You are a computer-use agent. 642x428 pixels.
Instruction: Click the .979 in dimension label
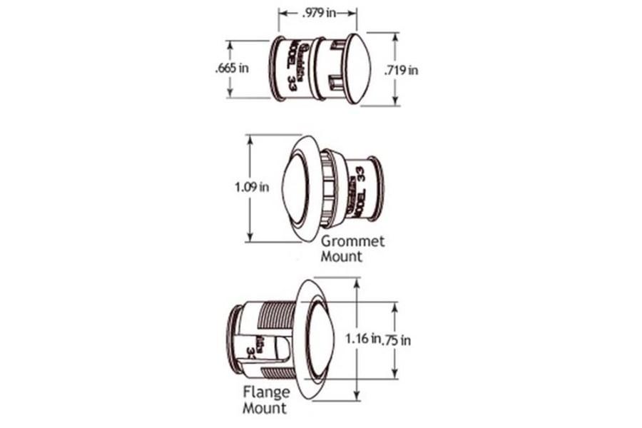click(317, 14)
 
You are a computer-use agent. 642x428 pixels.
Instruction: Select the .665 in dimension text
click(232, 68)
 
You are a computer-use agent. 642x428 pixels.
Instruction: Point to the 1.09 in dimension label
click(251, 188)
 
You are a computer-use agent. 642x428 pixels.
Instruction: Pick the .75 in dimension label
click(397, 340)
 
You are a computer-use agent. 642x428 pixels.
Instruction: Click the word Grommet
click(352, 241)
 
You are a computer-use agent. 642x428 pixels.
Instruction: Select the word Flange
click(267, 392)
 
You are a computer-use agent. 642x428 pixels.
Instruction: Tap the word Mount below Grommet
click(341, 257)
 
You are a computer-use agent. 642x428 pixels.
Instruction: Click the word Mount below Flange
click(265, 409)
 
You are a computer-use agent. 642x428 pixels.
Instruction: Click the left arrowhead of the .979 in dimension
click(281, 14)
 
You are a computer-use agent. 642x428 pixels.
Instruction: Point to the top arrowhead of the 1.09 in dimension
click(250, 138)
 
